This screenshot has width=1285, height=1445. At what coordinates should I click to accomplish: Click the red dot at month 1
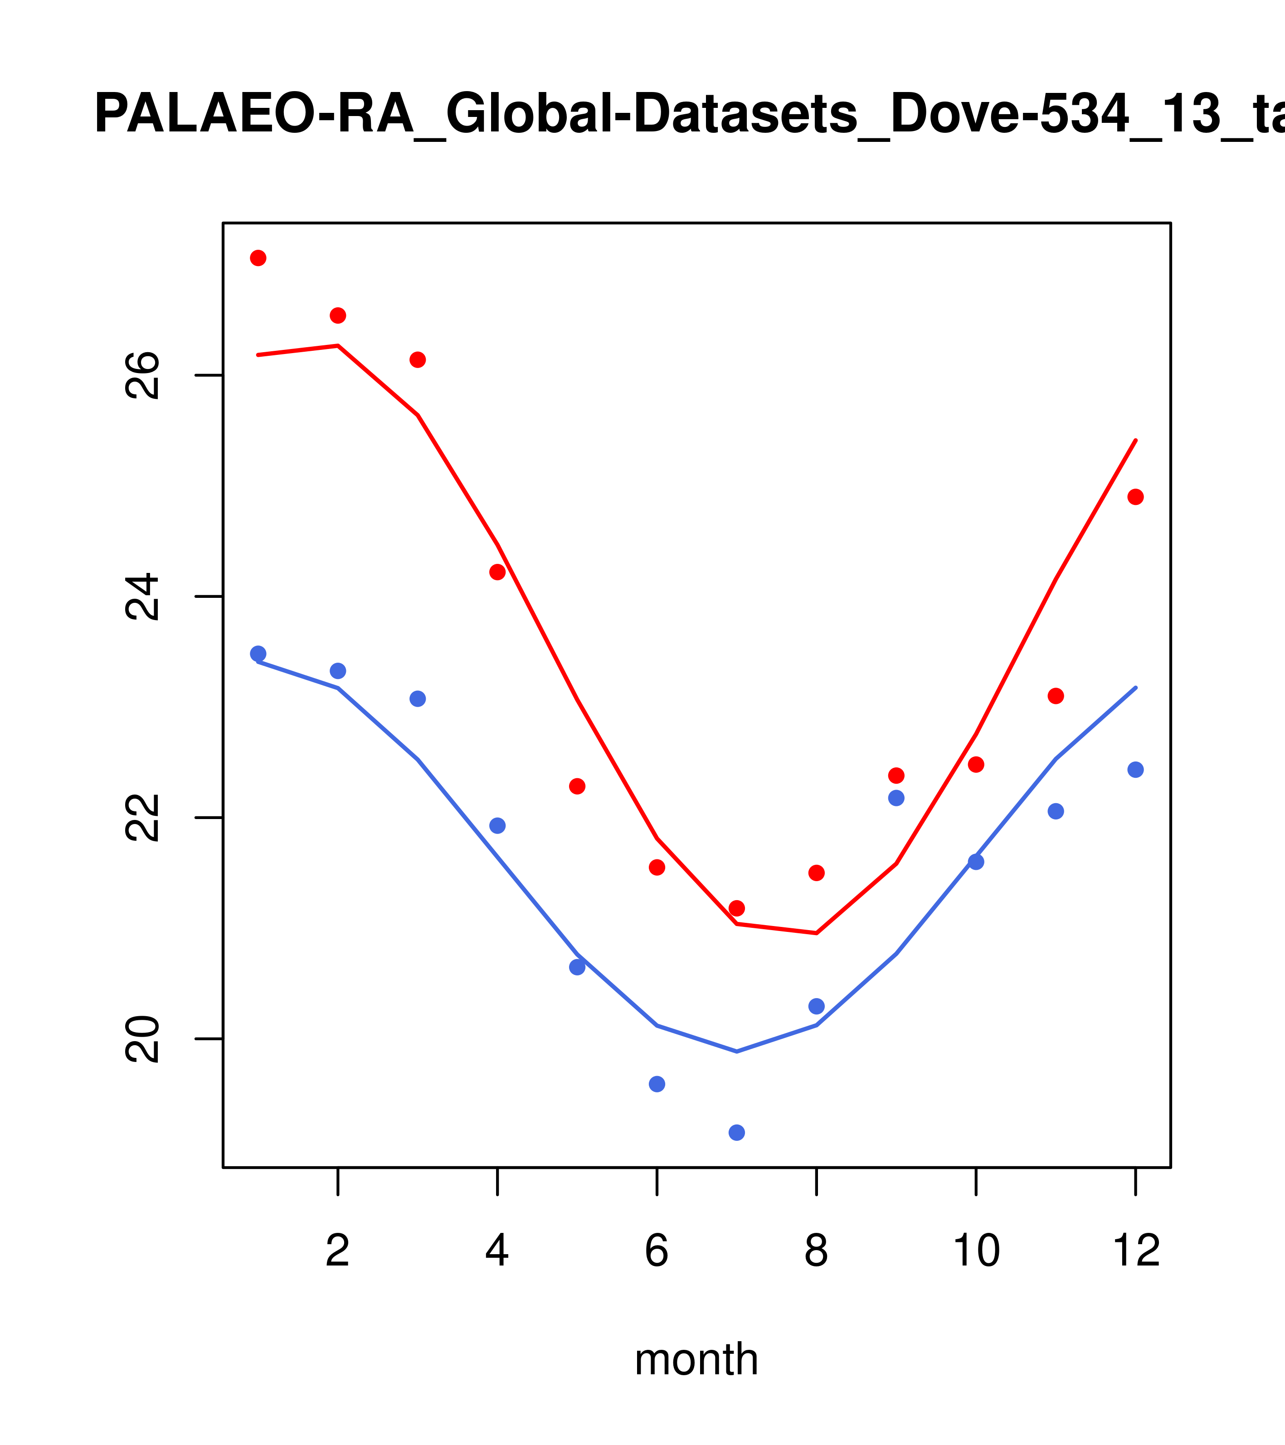tap(258, 258)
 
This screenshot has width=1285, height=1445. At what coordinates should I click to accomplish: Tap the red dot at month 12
tap(1136, 497)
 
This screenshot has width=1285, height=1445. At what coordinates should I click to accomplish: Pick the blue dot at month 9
tap(896, 798)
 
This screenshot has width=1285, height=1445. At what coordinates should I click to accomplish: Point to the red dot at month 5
tap(577, 786)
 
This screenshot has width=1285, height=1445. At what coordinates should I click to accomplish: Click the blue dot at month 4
tap(498, 826)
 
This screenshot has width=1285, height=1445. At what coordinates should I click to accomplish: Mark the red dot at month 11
tap(1056, 696)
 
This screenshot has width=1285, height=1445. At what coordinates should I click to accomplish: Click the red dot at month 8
tap(817, 873)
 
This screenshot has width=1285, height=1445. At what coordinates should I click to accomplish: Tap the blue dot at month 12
tap(1136, 770)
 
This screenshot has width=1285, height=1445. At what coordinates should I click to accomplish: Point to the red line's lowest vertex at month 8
tap(817, 933)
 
